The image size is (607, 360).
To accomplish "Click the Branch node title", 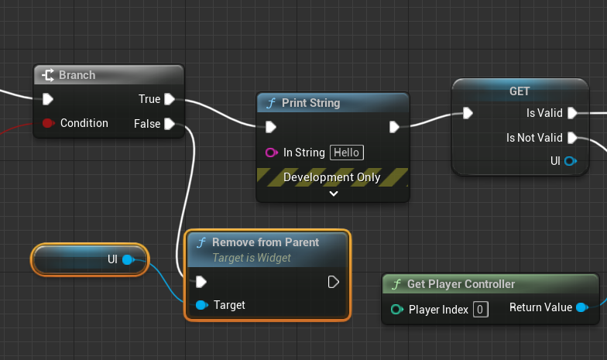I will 77,75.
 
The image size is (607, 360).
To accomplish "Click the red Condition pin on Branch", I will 48,123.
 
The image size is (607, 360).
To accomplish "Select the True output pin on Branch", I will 170,99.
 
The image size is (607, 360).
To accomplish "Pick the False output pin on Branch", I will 170,124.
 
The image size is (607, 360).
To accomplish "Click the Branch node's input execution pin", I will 48,99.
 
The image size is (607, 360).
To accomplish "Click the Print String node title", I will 310,103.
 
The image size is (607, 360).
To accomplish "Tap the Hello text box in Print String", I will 346,153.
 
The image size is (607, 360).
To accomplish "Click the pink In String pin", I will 271,153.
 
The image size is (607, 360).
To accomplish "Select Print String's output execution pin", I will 394,126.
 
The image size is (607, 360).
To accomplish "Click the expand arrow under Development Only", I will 334,194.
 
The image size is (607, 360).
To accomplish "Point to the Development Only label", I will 332,177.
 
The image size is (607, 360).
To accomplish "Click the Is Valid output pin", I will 572,113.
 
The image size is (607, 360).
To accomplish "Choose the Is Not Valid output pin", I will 572,138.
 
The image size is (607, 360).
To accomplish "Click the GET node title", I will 520,91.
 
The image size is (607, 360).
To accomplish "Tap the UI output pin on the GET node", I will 571,161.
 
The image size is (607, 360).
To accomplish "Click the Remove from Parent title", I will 266,242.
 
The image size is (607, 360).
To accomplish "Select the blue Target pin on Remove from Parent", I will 202,305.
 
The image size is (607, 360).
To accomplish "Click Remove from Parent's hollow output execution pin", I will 334,282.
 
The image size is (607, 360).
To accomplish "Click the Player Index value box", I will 481,310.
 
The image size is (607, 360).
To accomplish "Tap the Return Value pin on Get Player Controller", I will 581,307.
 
